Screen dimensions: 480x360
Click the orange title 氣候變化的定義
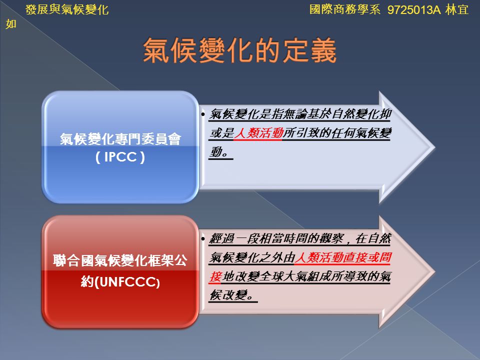click(239, 50)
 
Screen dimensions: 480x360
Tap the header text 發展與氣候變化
click(67, 10)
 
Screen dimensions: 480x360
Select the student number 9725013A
click(414, 10)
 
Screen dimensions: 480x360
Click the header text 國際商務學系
click(345, 9)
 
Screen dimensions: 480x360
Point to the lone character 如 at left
click(10, 24)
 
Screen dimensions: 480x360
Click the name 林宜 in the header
click(457, 10)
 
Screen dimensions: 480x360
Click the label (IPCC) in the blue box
click(120, 157)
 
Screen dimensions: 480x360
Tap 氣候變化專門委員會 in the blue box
click(120, 139)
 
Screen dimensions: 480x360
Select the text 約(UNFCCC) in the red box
click(120, 281)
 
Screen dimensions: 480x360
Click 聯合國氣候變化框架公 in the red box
click(120, 260)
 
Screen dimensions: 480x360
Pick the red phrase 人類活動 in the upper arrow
click(258, 133)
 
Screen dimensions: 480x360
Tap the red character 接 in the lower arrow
click(215, 276)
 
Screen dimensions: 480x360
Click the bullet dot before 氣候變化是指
click(203, 114)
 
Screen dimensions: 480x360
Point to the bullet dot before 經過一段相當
click(203, 238)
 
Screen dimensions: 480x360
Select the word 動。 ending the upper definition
click(220, 152)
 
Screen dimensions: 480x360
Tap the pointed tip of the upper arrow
click(434, 147)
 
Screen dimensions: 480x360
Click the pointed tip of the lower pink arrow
click(434, 272)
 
